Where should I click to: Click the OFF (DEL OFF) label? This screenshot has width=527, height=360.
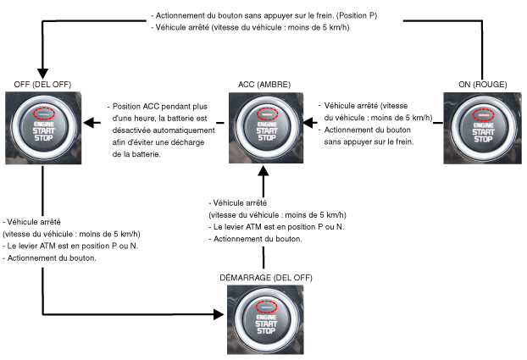click(x=42, y=85)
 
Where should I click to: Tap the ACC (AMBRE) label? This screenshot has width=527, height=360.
click(x=264, y=85)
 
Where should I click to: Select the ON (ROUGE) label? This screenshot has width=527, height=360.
click(x=483, y=85)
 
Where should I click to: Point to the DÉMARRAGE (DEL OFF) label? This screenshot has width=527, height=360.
click(x=266, y=278)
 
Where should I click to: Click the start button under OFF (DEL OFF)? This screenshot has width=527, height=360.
click(x=43, y=128)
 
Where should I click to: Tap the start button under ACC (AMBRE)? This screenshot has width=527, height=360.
click(x=266, y=128)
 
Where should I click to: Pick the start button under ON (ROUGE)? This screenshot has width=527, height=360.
click(x=483, y=129)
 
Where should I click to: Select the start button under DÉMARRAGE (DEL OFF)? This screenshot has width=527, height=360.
click(x=265, y=319)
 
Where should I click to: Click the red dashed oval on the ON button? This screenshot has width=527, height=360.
click(x=484, y=115)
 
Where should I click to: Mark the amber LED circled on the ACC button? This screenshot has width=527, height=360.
click(x=268, y=114)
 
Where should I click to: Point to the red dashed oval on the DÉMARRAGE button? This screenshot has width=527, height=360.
click(x=266, y=307)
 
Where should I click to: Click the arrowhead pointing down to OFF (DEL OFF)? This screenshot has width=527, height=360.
click(x=42, y=74)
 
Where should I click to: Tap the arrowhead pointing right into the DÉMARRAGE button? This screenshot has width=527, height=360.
click(x=219, y=314)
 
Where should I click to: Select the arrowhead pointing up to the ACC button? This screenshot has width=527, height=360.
click(x=263, y=170)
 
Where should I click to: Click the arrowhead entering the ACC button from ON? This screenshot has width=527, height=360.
click(x=308, y=123)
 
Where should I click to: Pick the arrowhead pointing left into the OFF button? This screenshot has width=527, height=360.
click(x=88, y=123)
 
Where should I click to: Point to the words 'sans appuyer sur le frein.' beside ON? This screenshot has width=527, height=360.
click(x=369, y=141)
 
